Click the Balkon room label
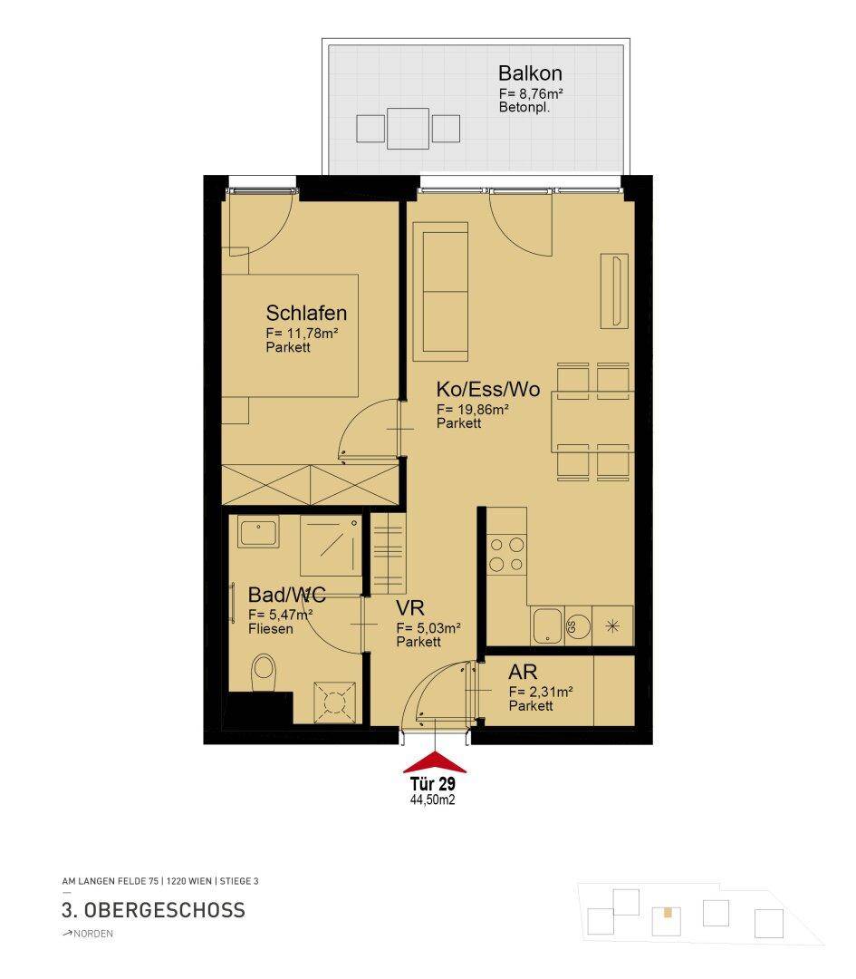pyautogui.click(x=530, y=73)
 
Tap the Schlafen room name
pyautogui.click(x=306, y=313)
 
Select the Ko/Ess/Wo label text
pyautogui.click(x=488, y=389)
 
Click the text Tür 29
pyautogui.click(x=432, y=783)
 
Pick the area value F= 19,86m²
pyautogui.click(x=472, y=410)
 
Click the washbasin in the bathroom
pyautogui.click(x=258, y=533)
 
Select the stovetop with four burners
pyautogui.click(x=506, y=555)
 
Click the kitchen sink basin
pyautogui.click(x=547, y=625)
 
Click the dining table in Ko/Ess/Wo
pyautogui.click(x=592, y=422)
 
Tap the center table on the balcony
pyautogui.click(x=408, y=129)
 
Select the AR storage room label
pyautogui.click(x=523, y=672)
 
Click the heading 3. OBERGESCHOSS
pyautogui.click(x=153, y=910)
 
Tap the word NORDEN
pyautogui.click(x=93, y=934)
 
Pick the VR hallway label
pyautogui.click(x=410, y=607)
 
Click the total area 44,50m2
pyautogui.click(x=432, y=800)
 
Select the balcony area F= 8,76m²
pyautogui.click(x=531, y=93)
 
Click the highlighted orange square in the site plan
pyautogui.click(x=668, y=912)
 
